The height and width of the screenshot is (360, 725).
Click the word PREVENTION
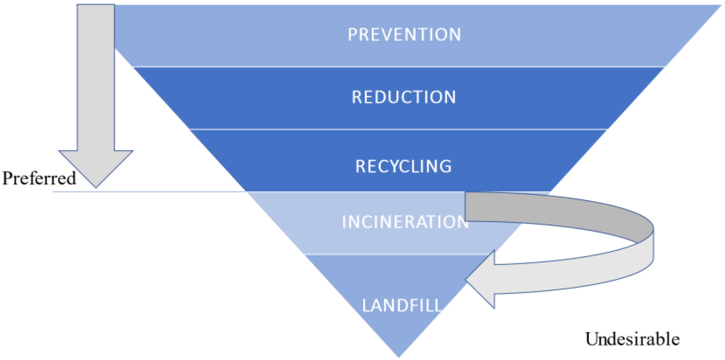(x=404, y=35)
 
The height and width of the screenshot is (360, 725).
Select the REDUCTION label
(x=404, y=97)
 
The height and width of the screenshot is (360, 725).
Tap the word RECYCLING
(x=403, y=166)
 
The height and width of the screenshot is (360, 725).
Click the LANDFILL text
(x=402, y=306)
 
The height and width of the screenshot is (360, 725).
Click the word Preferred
(x=39, y=178)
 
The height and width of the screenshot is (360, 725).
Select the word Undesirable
(x=632, y=339)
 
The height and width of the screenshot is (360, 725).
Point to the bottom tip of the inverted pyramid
(x=399, y=356)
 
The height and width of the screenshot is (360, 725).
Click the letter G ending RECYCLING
(x=445, y=167)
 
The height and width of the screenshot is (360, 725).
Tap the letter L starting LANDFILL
(x=366, y=306)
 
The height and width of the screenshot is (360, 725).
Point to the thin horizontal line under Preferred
(x=146, y=192)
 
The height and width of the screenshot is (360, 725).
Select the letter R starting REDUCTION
(x=357, y=97)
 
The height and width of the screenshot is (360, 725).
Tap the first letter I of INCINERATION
(x=344, y=222)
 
